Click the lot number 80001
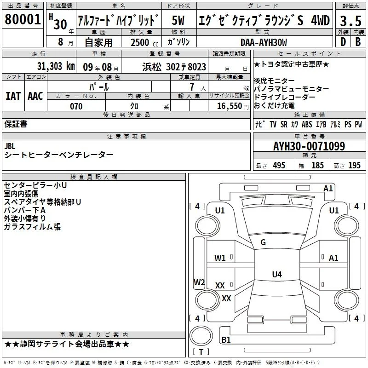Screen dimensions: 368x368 [23, 19]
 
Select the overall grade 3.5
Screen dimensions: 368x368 [351, 21]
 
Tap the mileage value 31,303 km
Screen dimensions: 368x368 [56, 66]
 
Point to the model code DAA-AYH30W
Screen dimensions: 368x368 [264, 42]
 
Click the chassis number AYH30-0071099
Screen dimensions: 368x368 [309, 146]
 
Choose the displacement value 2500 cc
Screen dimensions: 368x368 [144, 42]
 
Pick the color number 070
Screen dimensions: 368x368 [76, 106]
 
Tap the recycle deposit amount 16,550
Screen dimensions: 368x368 [230, 106]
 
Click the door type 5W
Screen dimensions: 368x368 [178, 20]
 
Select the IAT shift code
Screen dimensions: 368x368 [13, 96]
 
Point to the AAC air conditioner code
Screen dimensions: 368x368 [35, 96]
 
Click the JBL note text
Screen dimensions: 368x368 [10, 146]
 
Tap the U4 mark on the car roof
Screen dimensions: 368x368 [277, 274]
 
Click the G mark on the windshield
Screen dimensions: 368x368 [263, 242]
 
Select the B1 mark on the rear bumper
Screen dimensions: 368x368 [226, 339]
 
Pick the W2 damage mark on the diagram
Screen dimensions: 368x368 [199, 282]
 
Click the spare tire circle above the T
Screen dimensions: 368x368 [201, 336]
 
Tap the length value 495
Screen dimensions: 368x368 [279, 165]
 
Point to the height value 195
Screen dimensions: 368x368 [354, 165]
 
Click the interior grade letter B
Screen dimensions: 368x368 [358, 42]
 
